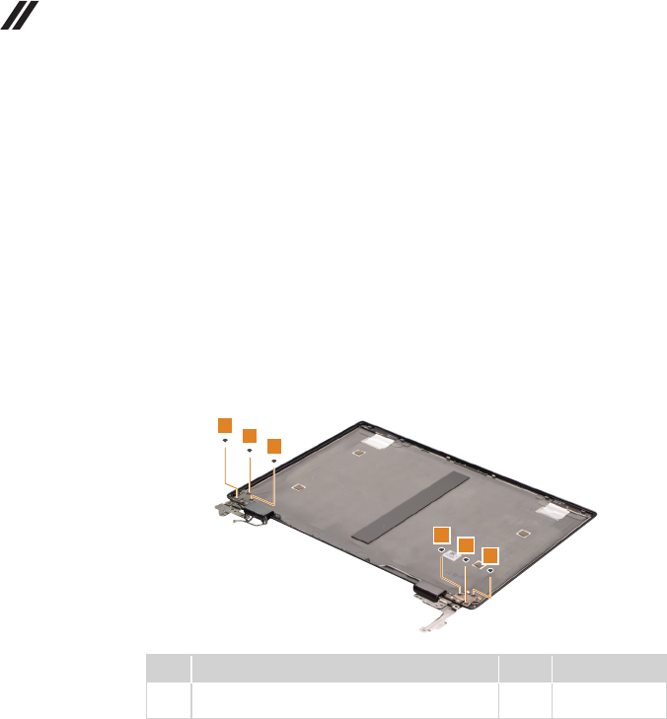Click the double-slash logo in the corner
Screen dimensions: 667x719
pos(19,14)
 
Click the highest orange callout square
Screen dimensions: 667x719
pos(225,424)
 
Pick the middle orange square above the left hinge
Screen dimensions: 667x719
pos(250,435)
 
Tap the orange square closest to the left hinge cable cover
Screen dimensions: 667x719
pos(274,446)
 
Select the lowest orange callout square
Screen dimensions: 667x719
pos(489,555)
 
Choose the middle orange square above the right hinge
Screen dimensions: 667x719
pos(466,544)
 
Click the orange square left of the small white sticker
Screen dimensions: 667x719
pos(442,534)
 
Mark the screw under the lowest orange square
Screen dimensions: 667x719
pos(490,572)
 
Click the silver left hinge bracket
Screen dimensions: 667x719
pos(223,506)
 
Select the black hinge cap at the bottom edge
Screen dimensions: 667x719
pos(429,594)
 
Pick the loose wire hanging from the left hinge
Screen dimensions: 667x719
pos(241,527)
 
